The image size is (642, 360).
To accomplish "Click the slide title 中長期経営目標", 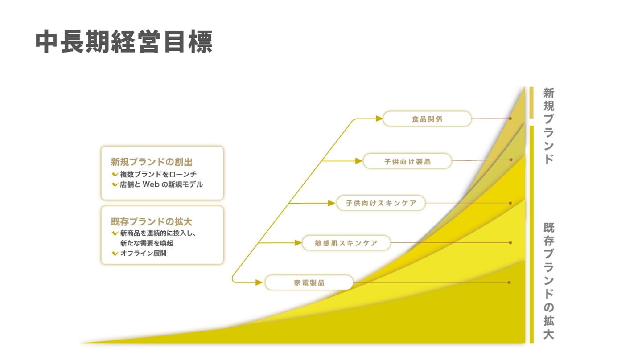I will click(124, 42).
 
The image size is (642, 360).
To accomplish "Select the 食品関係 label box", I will click(427, 119).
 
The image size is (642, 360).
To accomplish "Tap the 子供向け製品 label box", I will click(407, 161).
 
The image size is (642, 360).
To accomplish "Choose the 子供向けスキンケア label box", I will click(381, 203).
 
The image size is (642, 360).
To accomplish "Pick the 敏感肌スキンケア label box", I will click(346, 243).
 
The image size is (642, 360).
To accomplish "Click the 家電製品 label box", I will click(309, 282).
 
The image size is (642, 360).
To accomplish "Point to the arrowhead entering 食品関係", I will click(379, 119).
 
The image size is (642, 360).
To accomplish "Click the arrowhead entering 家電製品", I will click(259, 282).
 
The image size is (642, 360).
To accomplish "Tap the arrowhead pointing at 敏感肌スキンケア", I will click(298, 243).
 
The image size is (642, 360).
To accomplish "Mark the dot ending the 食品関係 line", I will click(510, 119).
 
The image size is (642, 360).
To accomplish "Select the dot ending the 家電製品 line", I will click(509, 282).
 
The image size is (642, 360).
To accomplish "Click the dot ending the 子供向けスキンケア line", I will click(510, 203).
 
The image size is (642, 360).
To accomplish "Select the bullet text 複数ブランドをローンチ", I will click(158, 174).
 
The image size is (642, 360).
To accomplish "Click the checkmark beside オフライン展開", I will click(115, 254).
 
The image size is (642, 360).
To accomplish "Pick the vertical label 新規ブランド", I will click(549, 126).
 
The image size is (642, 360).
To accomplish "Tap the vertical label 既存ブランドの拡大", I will click(549, 281).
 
